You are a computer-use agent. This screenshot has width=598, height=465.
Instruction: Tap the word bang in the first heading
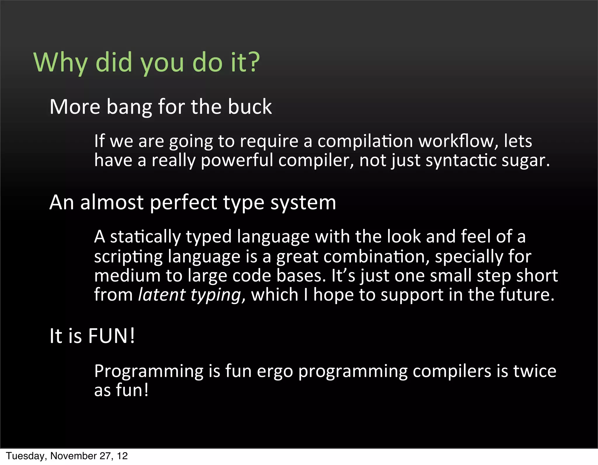(x=129, y=107)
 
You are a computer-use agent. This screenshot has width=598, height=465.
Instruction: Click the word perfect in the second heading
(x=183, y=203)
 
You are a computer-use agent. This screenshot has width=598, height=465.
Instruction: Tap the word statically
(x=145, y=237)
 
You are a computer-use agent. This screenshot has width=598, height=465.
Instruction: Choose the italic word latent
(x=161, y=295)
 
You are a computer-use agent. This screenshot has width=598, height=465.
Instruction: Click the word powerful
(x=237, y=161)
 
